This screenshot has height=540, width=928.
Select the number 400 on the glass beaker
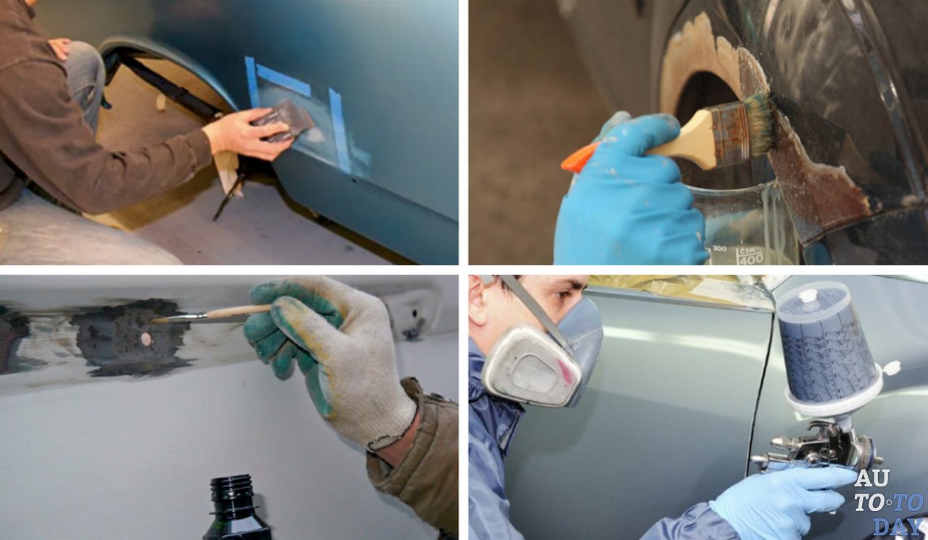[752, 259]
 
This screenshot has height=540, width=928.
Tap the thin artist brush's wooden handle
[239, 312]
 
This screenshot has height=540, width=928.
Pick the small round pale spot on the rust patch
[146, 338]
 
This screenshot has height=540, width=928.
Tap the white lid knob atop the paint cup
[808, 295]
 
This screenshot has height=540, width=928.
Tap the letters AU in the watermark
[871, 478]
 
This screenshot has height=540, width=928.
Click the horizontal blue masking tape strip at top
[283, 80]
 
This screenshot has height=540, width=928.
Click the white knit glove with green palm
[331, 356]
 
